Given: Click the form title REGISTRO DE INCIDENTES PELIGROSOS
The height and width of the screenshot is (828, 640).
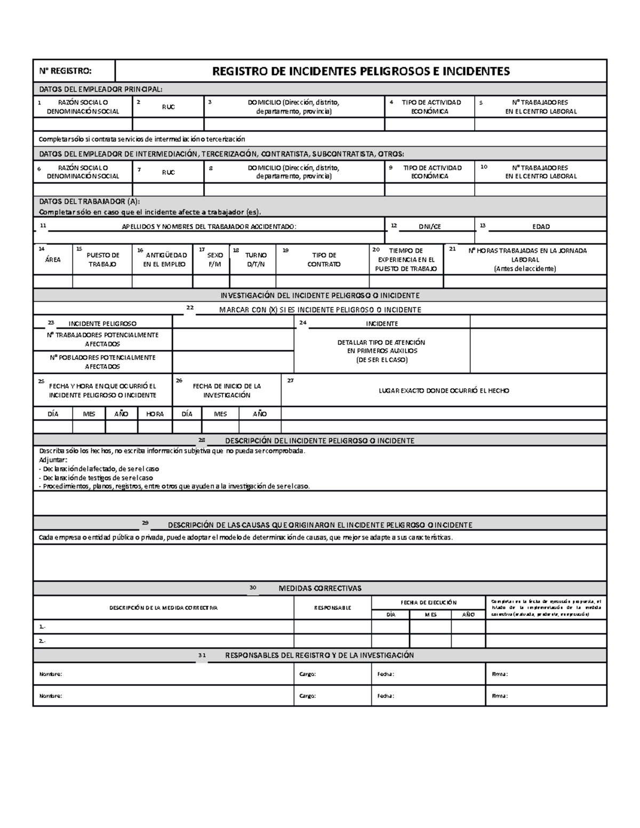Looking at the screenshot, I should coord(361,71).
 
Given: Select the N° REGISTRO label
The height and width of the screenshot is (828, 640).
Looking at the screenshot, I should coord(65,71).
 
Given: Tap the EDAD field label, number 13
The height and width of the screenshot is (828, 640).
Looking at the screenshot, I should coord(541,227).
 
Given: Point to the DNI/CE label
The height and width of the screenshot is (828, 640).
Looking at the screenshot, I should coord(429,227).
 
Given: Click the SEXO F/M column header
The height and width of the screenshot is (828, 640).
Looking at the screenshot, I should coord(215,260).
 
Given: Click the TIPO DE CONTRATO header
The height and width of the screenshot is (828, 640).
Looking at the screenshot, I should coord(324,260).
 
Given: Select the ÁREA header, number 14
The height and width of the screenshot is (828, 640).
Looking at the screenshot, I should coord(53,260).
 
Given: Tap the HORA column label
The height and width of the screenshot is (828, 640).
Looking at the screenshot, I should coord(155,414).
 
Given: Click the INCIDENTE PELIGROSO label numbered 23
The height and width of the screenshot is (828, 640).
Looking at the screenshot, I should coord(102,324).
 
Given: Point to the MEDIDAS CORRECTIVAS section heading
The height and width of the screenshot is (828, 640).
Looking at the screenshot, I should coord(320,588).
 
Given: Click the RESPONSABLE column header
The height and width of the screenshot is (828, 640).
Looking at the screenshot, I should coord(332,607).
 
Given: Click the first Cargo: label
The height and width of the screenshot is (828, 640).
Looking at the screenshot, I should coord(307,674).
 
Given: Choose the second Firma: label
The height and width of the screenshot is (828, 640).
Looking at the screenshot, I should coord(499,696).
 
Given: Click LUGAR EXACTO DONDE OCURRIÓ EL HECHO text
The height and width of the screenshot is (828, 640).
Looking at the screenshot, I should coord(444,391).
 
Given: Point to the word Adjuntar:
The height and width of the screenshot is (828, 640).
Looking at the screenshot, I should coord(53,460).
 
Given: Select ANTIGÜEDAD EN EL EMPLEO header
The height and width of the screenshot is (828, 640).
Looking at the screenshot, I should coord(165,260).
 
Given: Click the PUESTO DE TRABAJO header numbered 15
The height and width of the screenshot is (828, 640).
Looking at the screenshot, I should coord(102,260).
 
